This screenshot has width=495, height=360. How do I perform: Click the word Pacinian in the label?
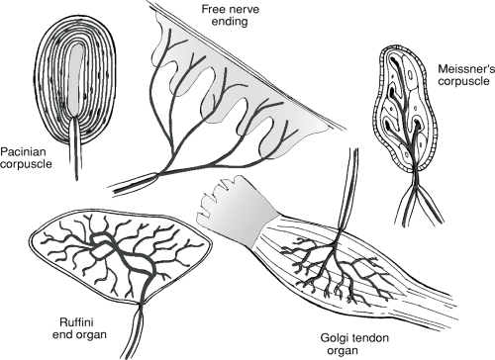[23, 152]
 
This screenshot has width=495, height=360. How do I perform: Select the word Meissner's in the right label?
[466, 69]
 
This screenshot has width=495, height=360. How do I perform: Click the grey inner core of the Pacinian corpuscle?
[75, 79]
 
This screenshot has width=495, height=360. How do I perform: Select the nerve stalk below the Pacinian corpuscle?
[75, 149]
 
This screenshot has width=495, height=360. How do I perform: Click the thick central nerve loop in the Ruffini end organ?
[125, 256]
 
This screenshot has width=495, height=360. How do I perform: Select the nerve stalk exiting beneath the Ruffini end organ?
[135, 329]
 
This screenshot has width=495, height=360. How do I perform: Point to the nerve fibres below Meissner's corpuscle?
[418, 201]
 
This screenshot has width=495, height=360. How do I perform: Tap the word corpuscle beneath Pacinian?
[26, 164]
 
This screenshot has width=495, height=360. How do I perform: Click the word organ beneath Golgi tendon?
[344, 351]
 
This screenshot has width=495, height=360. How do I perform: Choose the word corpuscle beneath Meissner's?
[463, 81]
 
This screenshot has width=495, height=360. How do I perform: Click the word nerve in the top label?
[244, 9]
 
